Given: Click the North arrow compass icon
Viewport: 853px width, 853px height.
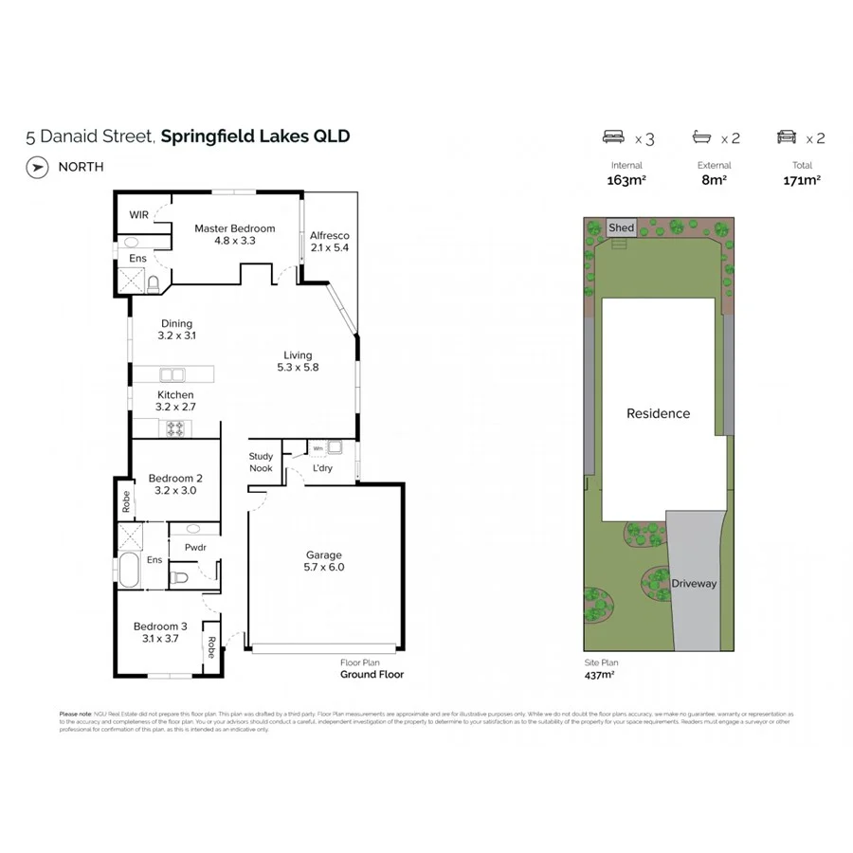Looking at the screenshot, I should pyautogui.click(x=37, y=167).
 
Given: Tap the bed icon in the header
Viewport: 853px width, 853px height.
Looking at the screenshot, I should pyautogui.click(x=614, y=137).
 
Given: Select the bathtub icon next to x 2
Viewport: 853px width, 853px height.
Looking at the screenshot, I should pyautogui.click(x=703, y=137).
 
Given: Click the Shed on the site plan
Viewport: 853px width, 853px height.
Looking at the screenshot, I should pyautogui.click(x=621, y=227).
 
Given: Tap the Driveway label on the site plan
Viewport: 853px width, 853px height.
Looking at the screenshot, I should pyautogui.click(x=694, y=583).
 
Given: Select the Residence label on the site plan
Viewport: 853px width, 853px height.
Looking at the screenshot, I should pyautogui.click(x=658, y=413).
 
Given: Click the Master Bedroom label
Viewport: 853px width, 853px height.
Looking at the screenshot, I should pyautogui.click(x=234, y=228).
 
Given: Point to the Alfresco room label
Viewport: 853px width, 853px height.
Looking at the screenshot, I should pyautogui.click(x=330, y=235).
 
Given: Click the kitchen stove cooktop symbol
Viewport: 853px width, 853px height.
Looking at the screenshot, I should pyautogui.click(x=175, y=428).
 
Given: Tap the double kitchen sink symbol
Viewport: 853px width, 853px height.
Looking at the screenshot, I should pyautogui.click(x=172, y=373).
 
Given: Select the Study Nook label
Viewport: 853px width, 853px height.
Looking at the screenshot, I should pyautogui.click(x=261, y=463).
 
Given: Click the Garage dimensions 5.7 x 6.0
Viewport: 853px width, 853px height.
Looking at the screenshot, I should pyautogui.click(x=323, y=568).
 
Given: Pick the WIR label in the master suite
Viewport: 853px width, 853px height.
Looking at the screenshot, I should pyautogui.click(x=137, y=215).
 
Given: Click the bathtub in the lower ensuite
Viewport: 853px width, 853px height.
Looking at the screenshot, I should pyautogui.click(x=128, y=572).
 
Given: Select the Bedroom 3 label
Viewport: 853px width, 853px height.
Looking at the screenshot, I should pyautogui.click(x=160, y=626).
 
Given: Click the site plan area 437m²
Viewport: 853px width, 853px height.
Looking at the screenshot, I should pyautogui.click(x=599, y=675).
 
